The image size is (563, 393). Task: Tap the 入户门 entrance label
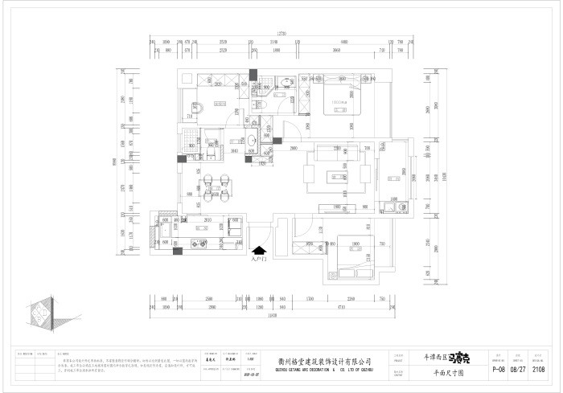click(x=258, y=260)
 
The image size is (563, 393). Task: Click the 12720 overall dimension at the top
click(x=281, y=33)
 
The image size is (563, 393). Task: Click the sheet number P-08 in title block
click(x=498, y=370)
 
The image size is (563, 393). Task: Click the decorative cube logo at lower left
click(x=39, y=315)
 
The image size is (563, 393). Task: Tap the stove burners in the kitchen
click(x=236, y=227)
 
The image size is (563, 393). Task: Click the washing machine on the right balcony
click(x=396, y=207)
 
